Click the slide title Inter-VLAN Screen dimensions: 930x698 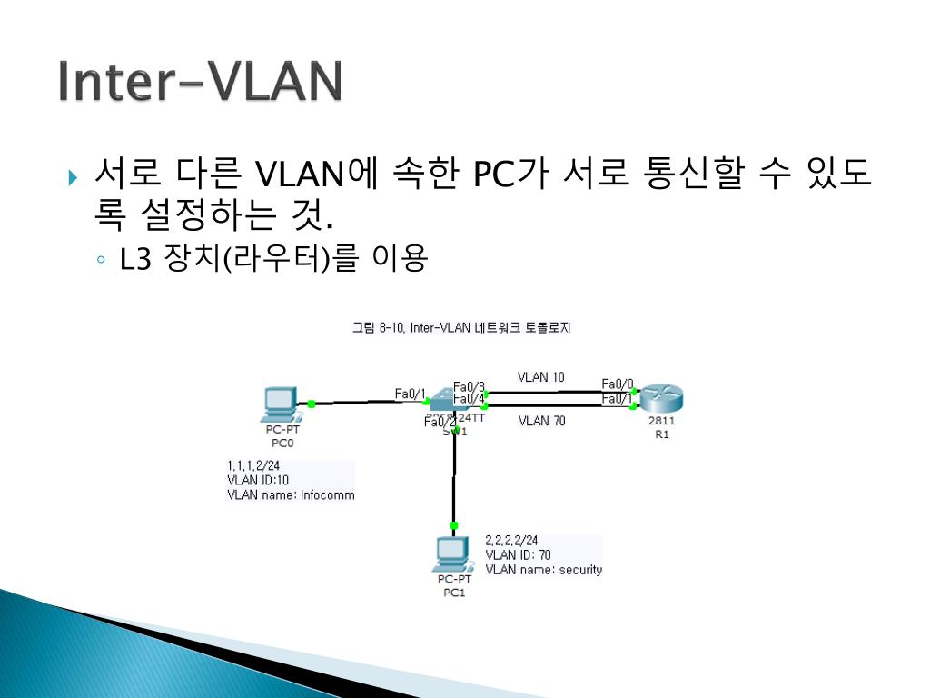200,82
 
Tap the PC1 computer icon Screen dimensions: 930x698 453,553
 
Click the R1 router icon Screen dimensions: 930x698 660,400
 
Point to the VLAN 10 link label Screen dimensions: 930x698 540,376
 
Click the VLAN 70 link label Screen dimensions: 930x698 541,421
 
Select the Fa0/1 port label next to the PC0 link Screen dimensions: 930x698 411,394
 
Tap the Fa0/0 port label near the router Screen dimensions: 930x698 618,384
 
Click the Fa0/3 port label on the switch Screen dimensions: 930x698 469,386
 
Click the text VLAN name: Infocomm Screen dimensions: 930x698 291,495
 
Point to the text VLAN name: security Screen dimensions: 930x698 543,570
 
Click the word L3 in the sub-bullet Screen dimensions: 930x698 134,261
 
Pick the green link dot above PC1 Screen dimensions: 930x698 454,525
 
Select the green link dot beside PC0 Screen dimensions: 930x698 311,404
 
